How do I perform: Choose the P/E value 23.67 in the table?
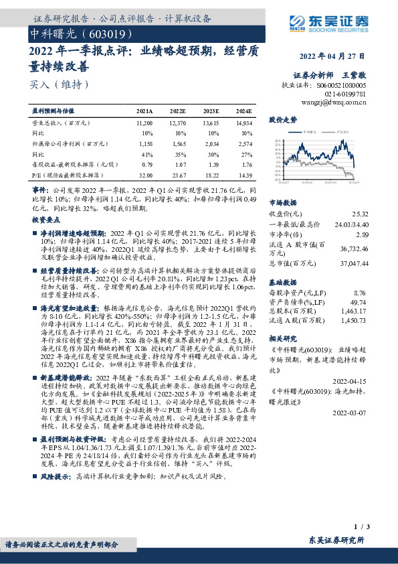tap(177, 174)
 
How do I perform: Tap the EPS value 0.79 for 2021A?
tap(147, 164)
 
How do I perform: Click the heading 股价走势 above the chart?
tap(282, 120)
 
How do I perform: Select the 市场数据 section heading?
tap(282, 201)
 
